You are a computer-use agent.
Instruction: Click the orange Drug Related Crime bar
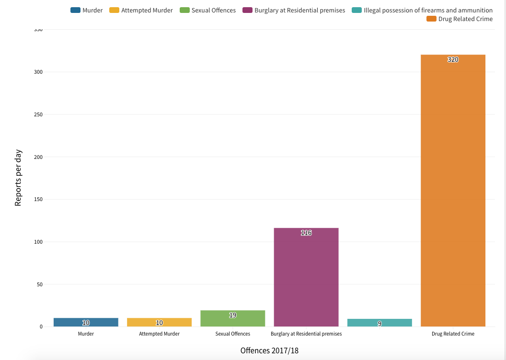[453, 191]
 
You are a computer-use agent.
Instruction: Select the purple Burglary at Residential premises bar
[306, 278]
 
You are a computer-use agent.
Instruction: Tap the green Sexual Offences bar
[233, 319]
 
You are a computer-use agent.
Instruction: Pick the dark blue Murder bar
[86, 322]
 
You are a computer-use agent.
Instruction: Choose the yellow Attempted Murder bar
[159, 322]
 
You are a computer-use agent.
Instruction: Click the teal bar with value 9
[379, 323]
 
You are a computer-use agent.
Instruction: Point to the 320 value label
[453, 60]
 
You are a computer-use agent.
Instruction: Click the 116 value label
[306, 233]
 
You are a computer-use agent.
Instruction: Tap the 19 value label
[233, 315]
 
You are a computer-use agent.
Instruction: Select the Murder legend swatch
[75, 10]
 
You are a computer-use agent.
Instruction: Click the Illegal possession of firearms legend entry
[428, 10]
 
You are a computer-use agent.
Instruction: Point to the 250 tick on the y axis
[38, 114]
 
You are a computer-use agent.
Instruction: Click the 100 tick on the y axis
[38, 242]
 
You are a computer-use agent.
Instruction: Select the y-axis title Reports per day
[18, 178]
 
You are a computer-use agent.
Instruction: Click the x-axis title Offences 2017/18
[269, 350]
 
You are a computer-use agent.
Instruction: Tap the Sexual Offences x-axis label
[233, 334]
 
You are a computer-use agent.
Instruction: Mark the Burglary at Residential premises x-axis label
[306, 334]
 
